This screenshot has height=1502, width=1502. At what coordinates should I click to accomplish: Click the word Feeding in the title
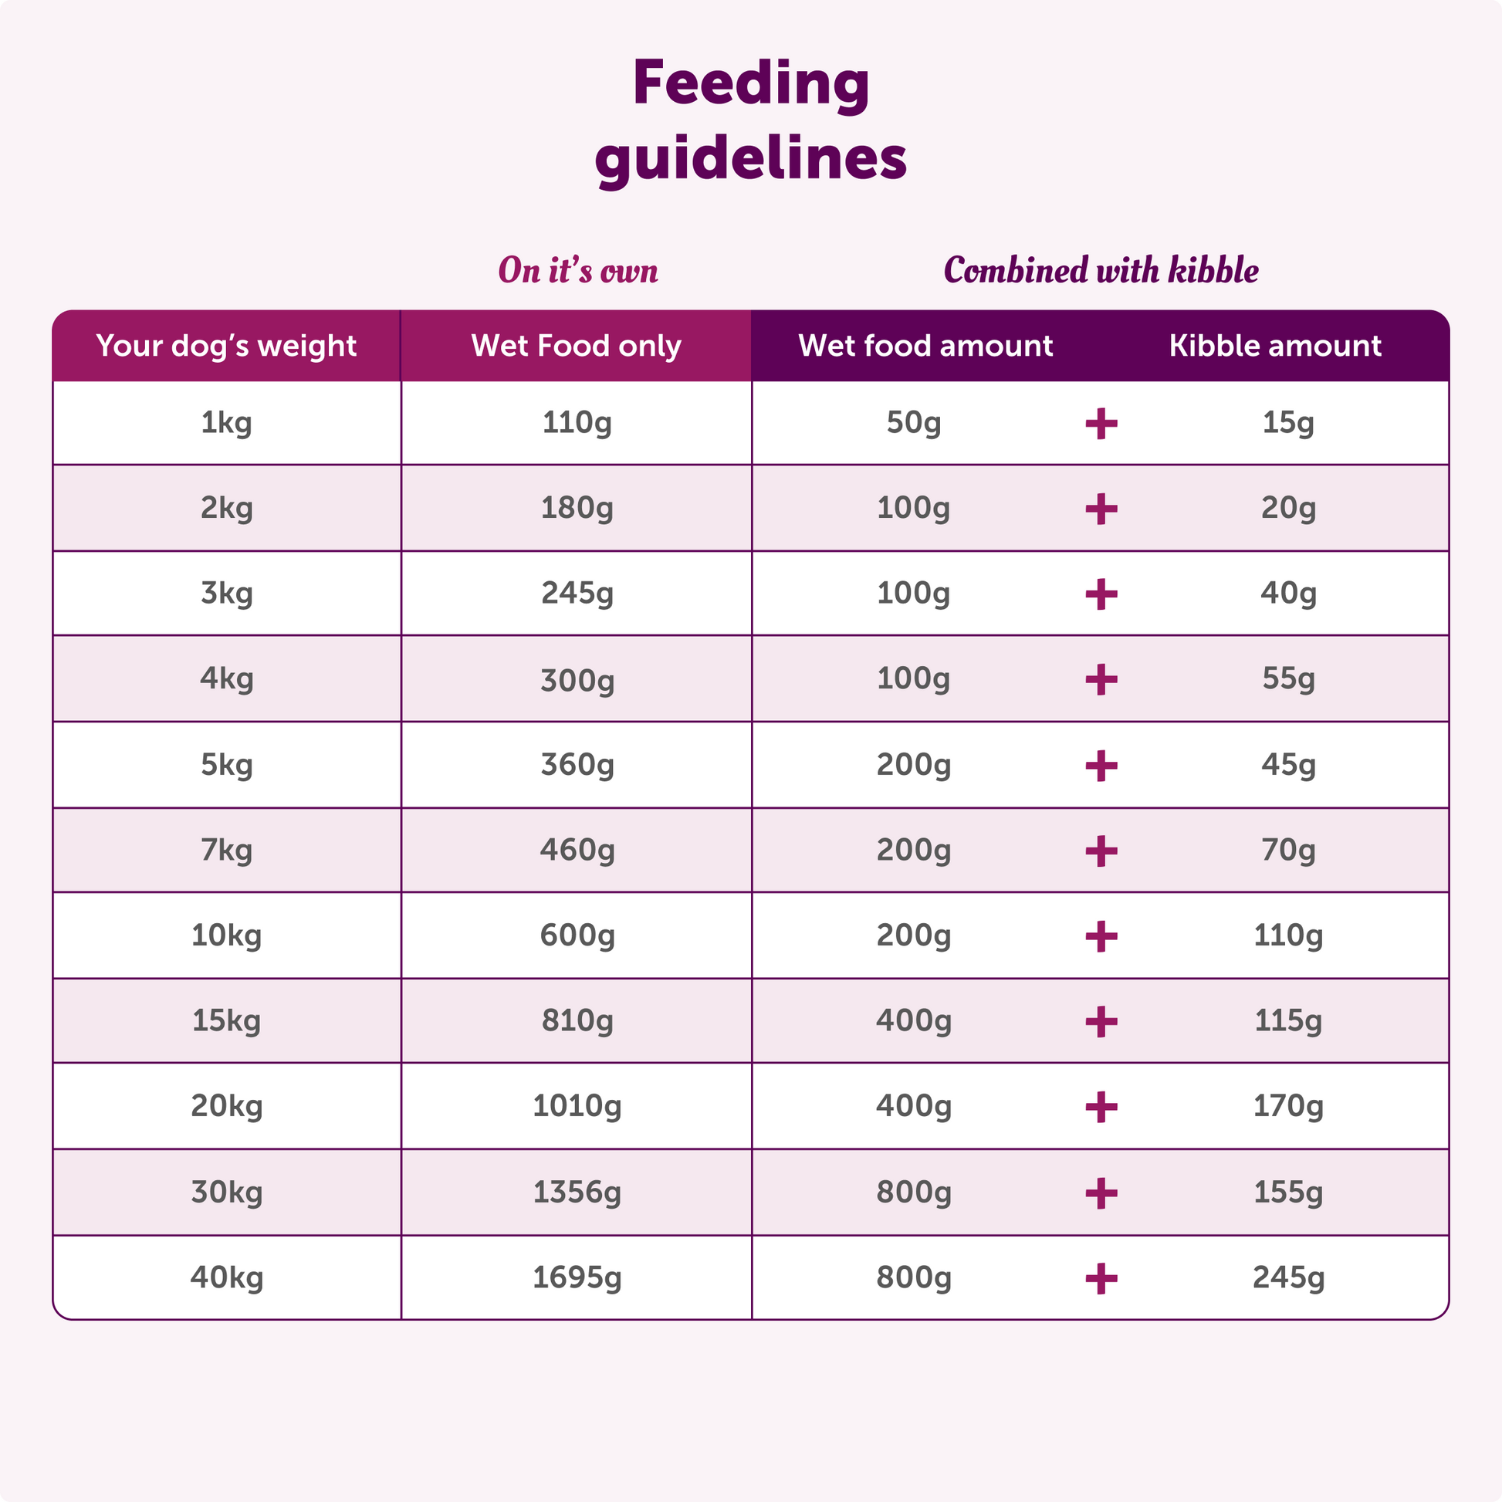[750, 84]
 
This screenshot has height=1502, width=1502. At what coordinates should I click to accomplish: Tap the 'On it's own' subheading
[577, 271]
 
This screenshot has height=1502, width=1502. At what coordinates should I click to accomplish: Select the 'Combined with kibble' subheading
[1100, 271]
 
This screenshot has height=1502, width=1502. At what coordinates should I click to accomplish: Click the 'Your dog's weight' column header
[226, 346]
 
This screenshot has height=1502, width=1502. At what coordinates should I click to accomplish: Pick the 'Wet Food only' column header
[576, 346]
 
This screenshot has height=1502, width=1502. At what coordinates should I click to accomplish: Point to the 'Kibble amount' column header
[1275, 346]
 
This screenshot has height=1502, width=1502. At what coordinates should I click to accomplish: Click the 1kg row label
[226, 423]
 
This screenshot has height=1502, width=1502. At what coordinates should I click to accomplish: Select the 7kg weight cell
[226, 850]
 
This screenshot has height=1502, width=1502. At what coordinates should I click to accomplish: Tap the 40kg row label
[226, 1277]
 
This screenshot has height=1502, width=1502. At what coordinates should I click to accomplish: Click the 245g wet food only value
[577, 594]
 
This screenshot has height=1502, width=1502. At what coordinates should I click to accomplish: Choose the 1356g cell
[577, 1191]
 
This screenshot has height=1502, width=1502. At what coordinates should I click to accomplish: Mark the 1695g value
[577, 1277]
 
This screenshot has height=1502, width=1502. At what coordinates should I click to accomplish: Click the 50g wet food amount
[914, 422]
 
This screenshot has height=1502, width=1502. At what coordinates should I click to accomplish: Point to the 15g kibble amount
[1288, 422]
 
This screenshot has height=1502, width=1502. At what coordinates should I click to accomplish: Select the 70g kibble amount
[1288, 850]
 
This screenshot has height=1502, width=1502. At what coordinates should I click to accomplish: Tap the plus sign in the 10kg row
[1101, 936]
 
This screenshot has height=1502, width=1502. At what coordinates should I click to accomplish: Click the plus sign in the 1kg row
[1101, 424]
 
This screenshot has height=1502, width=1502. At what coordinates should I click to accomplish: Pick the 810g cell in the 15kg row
[577, 1020]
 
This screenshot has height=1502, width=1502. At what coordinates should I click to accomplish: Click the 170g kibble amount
[1288, 1105]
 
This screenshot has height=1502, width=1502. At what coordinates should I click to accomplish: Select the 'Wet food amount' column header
[925, 346]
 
